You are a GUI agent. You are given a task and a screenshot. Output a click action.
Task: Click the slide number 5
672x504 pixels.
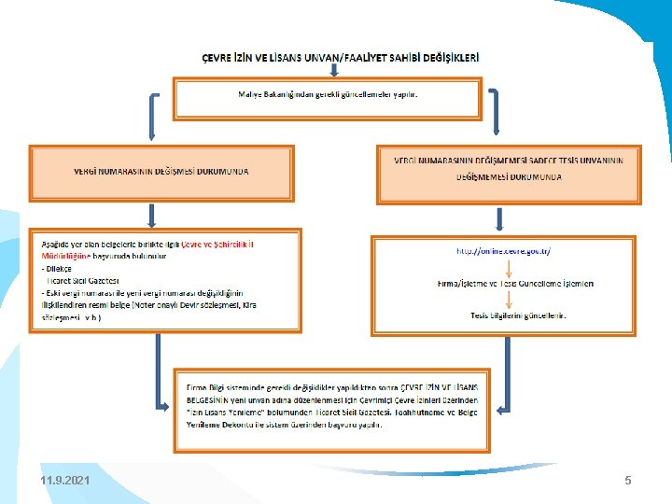(x=628, y=480)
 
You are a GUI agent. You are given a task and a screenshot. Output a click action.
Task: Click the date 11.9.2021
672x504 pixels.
(x=65, y=480)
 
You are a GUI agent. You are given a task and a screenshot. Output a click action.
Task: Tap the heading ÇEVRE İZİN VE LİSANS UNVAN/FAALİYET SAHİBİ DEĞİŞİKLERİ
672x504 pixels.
(x=342, y=57)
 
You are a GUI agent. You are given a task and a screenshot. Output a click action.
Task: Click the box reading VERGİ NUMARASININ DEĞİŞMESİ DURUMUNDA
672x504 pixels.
(x=161, y=172)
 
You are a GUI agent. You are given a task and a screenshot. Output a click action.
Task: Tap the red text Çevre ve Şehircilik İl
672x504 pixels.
(x=217, y=244)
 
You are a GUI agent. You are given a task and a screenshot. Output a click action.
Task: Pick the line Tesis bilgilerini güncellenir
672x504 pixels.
(x=518, y=315)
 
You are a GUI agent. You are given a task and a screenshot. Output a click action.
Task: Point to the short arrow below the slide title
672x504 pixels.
(x=333, y=70)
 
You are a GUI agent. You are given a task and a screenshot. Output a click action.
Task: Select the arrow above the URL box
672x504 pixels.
(x=500, y=218)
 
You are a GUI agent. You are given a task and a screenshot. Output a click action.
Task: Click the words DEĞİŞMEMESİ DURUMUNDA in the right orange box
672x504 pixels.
(x=509, y=176)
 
